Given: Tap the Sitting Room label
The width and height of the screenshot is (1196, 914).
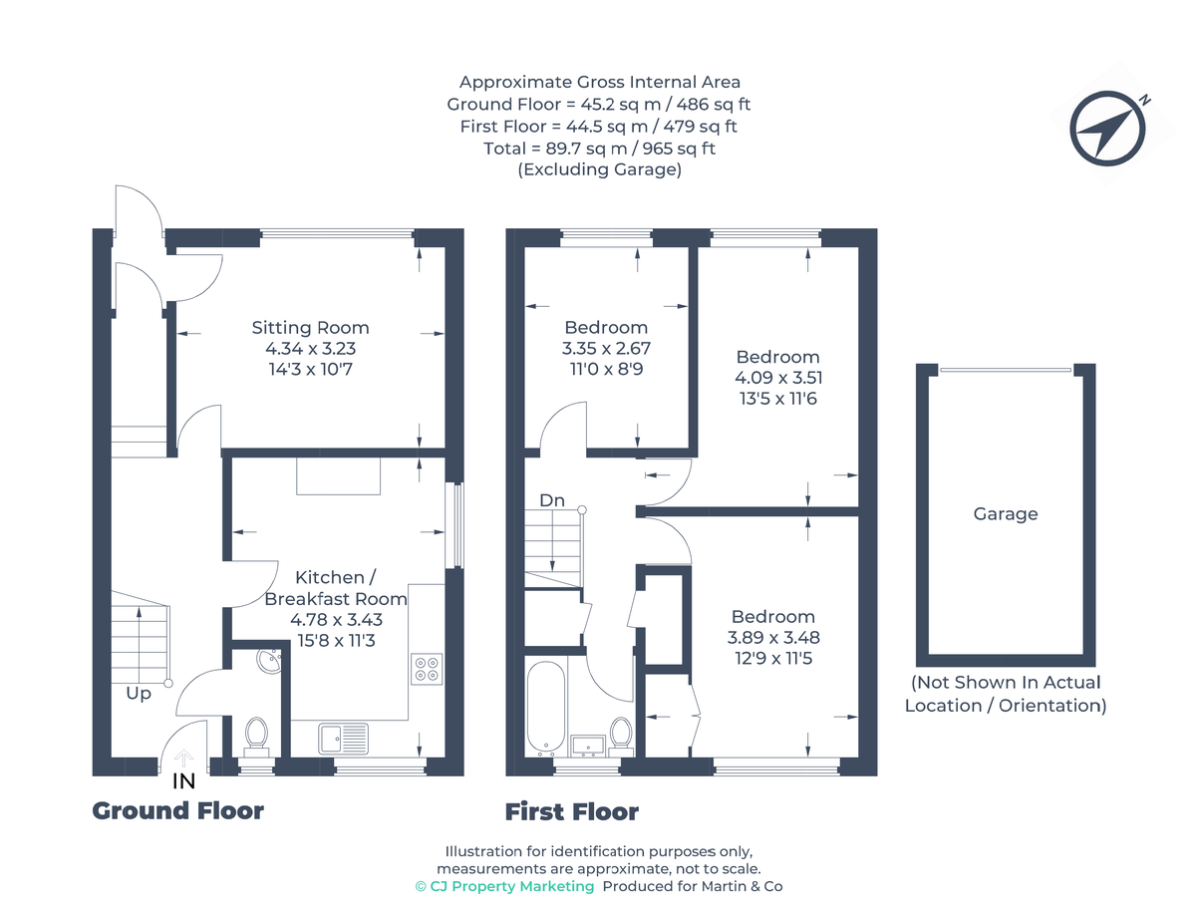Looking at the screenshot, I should (x=310, y=328).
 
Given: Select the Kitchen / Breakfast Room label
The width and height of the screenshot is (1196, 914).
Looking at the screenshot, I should (x=335, y=588).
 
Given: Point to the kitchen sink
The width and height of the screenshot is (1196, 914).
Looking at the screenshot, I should (x=343, y=739).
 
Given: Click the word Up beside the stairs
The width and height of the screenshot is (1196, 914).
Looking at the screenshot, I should (x=139, y=694).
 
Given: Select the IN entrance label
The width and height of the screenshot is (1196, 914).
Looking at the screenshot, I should (x=183, y=782).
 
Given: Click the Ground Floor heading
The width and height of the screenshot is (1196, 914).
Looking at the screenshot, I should (x=178, y=811).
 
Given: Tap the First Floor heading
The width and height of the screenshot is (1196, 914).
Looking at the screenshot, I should (x=571, y=812).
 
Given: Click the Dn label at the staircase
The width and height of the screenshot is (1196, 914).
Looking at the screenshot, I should (x=552, y=500).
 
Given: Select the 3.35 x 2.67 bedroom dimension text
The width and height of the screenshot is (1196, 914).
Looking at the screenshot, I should (x=605, y=349).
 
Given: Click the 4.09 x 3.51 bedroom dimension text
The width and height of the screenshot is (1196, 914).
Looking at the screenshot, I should (x=777, y=378).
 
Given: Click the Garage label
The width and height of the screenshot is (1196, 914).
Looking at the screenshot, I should (x=1006, y=514).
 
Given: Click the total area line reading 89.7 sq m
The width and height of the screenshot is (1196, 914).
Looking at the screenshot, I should (x=598, y=149).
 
